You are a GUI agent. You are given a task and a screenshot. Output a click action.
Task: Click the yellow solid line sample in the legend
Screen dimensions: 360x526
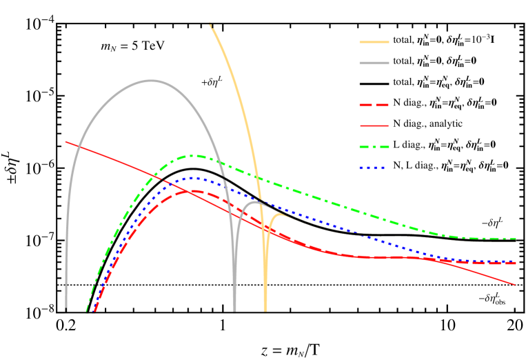[x=374, y=42]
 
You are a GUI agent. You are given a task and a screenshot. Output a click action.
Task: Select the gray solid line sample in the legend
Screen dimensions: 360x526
[x=374, y=63]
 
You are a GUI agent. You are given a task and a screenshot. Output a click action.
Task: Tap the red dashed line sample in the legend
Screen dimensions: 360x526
[x=374, y=105]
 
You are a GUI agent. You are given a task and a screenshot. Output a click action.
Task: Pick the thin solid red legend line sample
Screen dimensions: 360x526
[x=374, y=126]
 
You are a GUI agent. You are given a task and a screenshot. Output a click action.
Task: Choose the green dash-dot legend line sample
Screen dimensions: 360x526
[x=374, y=147]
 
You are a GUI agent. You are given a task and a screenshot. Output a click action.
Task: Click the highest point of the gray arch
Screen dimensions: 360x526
[x=152, y=81]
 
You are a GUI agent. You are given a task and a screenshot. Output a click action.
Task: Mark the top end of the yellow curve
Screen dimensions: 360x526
[x=210, y=25]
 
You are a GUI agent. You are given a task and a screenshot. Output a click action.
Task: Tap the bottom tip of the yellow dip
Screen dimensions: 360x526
[x=265, y=310]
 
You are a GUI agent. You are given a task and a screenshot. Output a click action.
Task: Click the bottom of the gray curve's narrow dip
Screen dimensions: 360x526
[x=234, y=310]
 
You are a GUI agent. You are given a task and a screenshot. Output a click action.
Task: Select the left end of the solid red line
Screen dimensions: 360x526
[x=66, y=141]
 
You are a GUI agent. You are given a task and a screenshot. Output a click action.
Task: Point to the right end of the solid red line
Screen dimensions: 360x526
[x=515, y=284]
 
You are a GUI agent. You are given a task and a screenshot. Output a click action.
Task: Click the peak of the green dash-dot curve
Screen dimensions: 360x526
[x=195, y=156]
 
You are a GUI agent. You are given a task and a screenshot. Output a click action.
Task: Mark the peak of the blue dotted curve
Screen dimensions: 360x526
[x=193, y=178]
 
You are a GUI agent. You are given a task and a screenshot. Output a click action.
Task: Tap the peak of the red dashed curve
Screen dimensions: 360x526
[x=192, y=191]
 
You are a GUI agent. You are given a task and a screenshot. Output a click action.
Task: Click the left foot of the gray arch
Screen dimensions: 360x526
[x=66, y=310]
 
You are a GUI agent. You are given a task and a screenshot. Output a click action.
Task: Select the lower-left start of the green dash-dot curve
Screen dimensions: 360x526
[x=87, y=310]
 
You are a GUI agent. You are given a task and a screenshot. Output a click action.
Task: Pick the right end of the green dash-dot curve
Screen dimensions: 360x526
[x=516, y=239]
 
